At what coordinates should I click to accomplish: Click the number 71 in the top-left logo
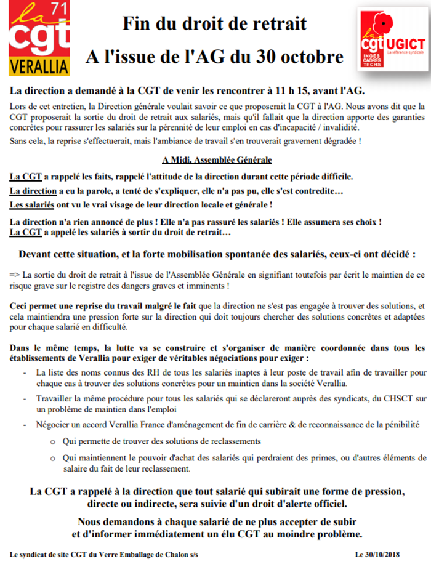(x=60, y=11)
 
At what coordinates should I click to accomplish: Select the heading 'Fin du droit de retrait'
(x=214, y=23)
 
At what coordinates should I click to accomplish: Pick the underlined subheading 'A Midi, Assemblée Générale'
(x=216, y=160)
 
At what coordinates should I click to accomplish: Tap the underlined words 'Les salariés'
(x=31, y=204)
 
